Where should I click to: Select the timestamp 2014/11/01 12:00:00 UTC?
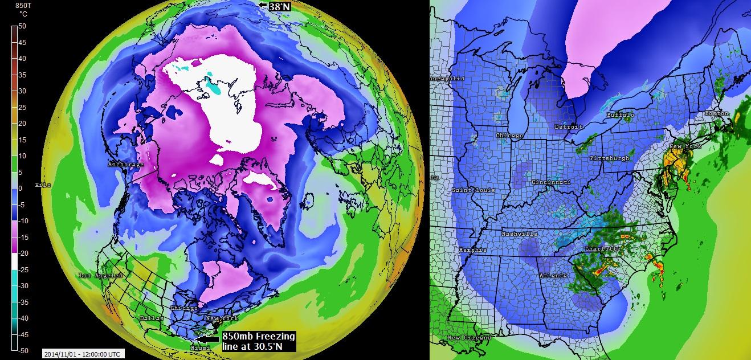point(82,354)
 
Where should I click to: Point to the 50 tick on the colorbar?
point(22,26)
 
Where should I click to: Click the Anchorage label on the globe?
point(125,165)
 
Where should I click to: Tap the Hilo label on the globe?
point(43,185)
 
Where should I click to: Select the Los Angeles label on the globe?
point(101,276)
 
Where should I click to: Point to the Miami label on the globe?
point(199,347)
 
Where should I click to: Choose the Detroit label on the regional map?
point(568,126)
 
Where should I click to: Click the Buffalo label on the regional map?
point(620,115)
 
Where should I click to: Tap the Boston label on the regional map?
point(716,113)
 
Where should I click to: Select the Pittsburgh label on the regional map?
point(610,158)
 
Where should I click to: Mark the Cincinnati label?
point(551,182)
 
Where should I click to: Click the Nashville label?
point(519,234)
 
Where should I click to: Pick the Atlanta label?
point(553,276)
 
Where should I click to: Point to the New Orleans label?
point(469,338)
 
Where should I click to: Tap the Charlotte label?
point(603,249)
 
